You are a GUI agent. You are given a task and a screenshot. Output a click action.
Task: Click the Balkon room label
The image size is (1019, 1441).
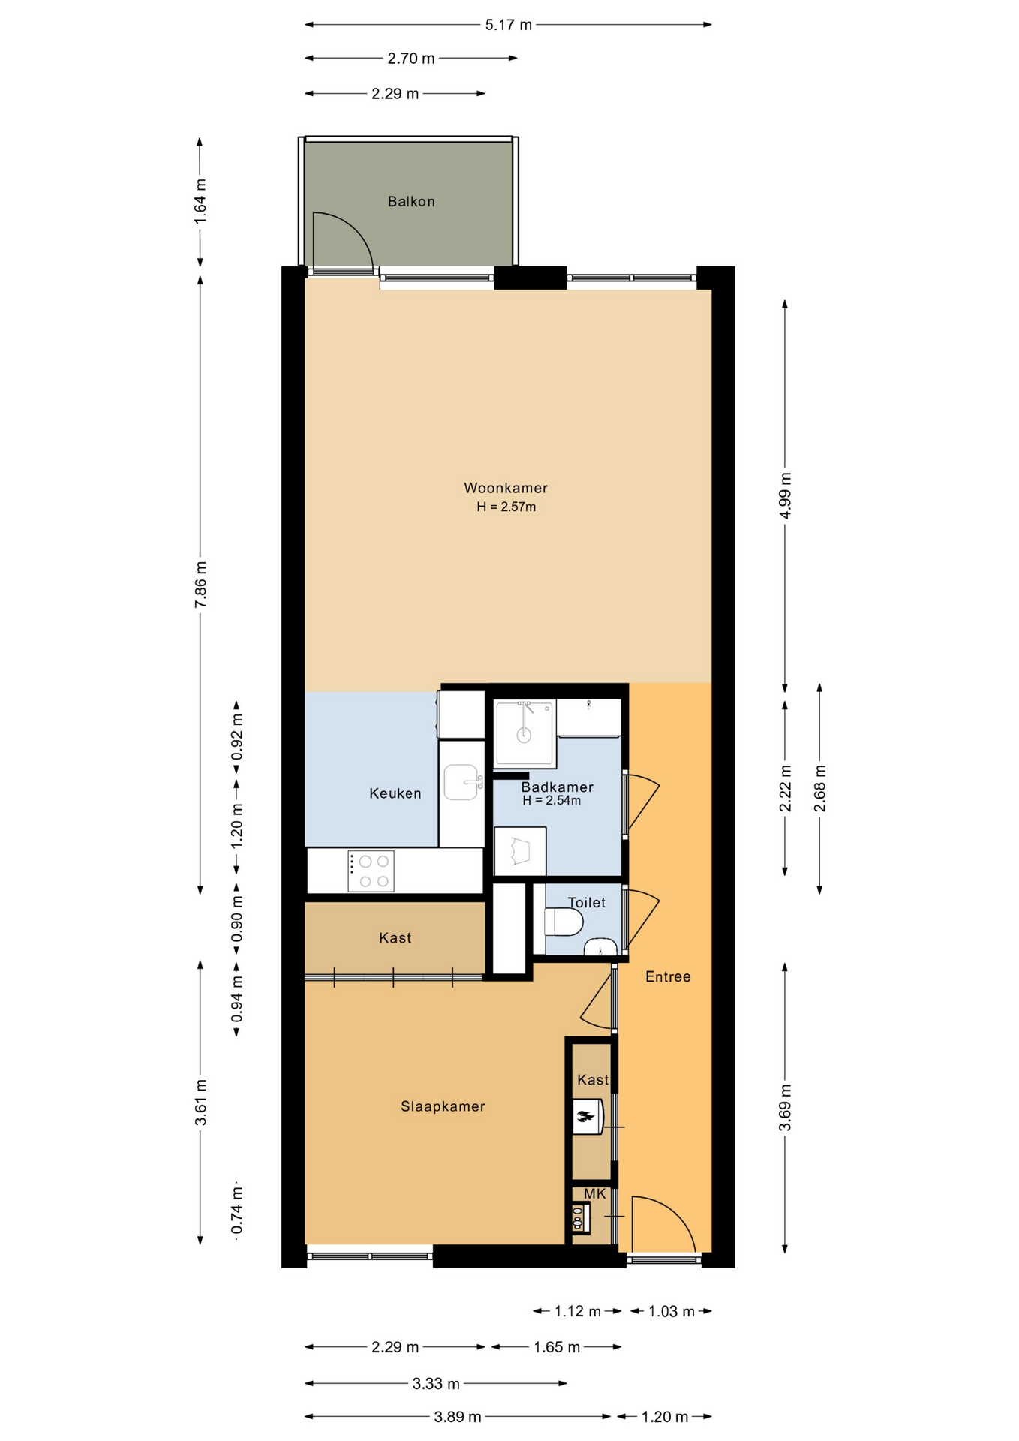pos(411,201)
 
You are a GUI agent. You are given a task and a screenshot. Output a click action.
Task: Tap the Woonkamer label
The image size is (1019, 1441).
pos(506,488)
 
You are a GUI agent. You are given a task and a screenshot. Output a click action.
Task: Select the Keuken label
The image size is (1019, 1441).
pos(395,793)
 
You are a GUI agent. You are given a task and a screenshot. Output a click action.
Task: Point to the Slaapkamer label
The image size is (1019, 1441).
pos(443,1106)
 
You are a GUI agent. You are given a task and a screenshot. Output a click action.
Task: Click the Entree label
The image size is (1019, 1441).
pos(668,976)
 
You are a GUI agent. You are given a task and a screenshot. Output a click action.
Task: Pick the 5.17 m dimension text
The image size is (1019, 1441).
pos(509,25)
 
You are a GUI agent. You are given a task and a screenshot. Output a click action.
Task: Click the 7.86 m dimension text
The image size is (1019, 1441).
pos(200,585)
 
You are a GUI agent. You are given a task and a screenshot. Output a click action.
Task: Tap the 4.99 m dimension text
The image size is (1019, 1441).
pos(785,495)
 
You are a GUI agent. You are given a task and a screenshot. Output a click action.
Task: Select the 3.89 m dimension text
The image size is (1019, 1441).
pos(458,1417)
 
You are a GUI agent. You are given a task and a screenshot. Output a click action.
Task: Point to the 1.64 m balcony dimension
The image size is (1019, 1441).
pos(200,201)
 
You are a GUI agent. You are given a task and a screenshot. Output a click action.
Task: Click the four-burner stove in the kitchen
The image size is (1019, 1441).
pos(371,871)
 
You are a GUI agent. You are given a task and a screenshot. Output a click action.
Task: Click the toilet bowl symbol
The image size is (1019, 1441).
pos(564,922)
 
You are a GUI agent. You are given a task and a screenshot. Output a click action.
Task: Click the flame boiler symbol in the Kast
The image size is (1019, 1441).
pos(588,1117)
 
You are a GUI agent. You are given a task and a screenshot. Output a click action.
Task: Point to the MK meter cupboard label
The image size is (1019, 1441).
pos(594,1193)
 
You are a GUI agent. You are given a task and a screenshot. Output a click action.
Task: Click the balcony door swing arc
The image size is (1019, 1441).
pos(351,233)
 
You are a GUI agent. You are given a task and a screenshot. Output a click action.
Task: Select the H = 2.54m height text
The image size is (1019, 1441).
pos(552,800)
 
